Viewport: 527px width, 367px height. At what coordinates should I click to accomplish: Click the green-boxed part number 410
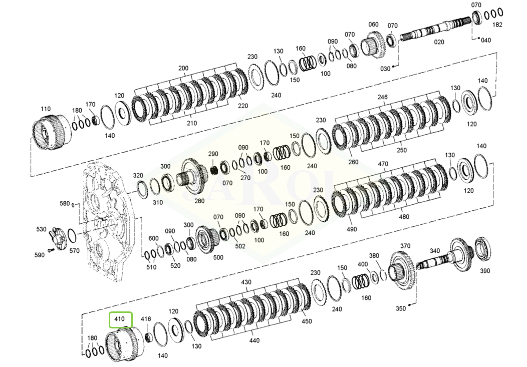click(120, 318)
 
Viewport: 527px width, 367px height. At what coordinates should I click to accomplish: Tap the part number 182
click(497, 25)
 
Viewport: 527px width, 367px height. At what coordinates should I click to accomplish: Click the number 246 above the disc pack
click(383, 97)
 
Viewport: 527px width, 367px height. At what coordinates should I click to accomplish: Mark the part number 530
click(41, 229)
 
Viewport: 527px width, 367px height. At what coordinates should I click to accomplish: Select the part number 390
click(484, 271)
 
